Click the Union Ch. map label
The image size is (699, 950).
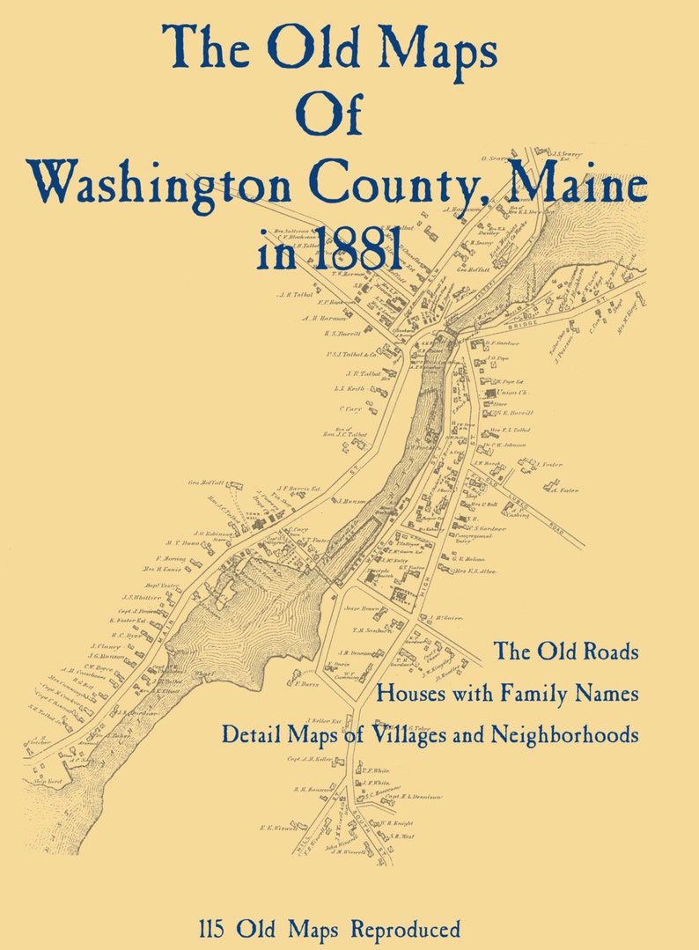tap(512, 392)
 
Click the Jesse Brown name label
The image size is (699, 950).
tap(363, 608)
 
